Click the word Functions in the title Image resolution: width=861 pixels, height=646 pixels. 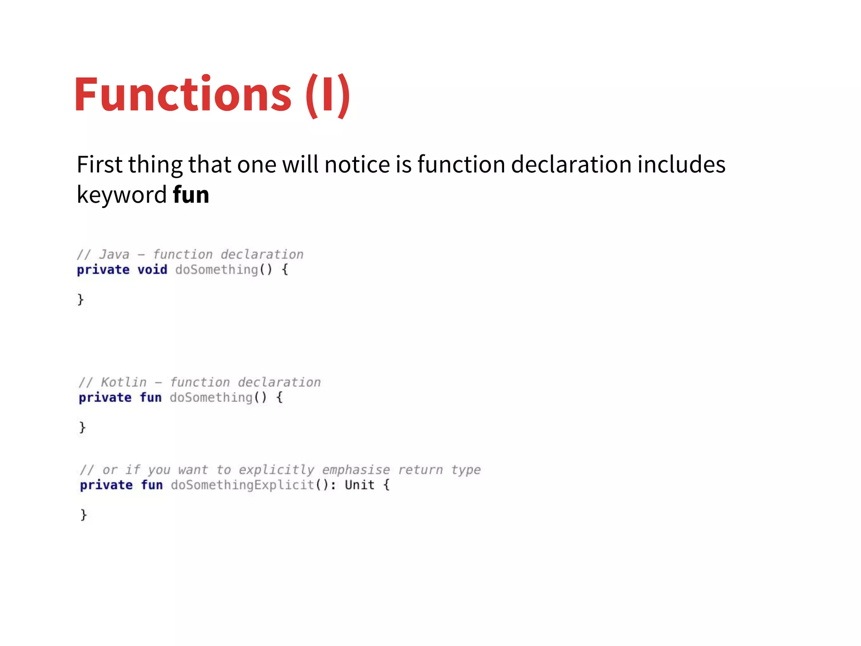coord(183,94)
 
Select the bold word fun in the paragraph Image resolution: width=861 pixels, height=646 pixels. coord(191,195)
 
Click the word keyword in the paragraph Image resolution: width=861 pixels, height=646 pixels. coord(122,195)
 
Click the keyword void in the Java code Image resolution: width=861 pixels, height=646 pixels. coord(152,270)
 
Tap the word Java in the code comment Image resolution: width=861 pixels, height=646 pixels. coord(114,254)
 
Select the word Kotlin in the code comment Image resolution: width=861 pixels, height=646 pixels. coord(124,382)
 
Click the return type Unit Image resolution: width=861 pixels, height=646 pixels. coord(359,485)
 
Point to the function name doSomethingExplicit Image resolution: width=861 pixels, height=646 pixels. coord(243,485)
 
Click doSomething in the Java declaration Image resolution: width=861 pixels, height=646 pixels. coord(217,270)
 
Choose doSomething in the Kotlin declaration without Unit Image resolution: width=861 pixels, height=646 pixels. coord(211,397)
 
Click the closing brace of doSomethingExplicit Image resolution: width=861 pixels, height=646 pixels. coord(84,515)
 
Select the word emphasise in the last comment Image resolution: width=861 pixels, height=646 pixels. coord(356,470)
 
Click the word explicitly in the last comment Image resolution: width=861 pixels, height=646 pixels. coord(276,470)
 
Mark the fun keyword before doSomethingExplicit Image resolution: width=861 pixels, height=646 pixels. coord(152,485)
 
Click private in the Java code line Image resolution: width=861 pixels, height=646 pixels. coord(103,270)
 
